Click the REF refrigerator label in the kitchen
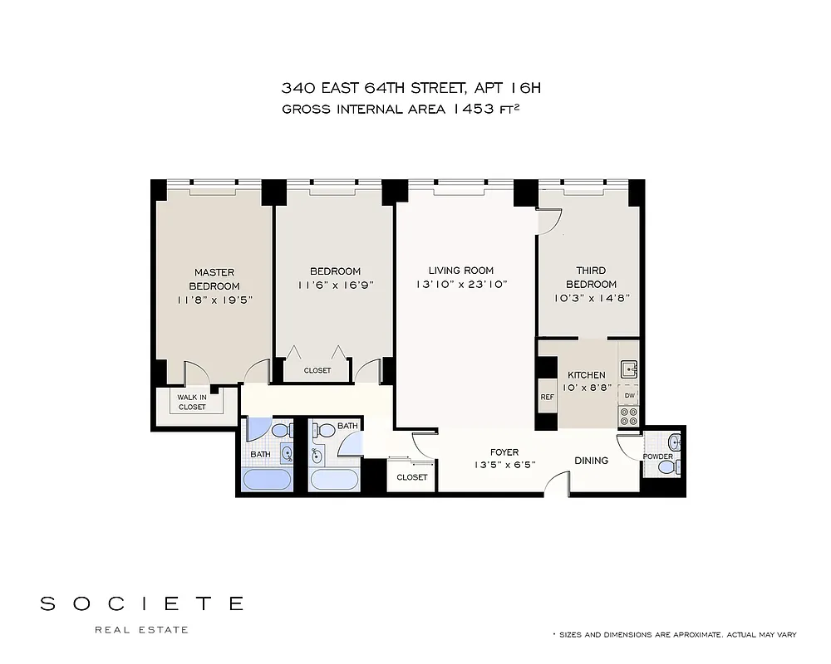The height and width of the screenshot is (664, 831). pos(547,397)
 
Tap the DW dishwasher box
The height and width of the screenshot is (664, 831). pos(629,395)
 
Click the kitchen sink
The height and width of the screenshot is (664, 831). pos(629,368)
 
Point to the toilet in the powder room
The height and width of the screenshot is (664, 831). pos(666,467)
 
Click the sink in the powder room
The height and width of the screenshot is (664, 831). pos(674,442)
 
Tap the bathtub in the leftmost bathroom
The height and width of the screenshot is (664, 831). pos(267,480)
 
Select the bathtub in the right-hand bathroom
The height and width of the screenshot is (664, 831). pos(334,480)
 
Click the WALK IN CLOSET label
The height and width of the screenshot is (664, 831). pos(192,403)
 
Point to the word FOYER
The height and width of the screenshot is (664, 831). pos(504,452)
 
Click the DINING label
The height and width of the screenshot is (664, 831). pos(591,461)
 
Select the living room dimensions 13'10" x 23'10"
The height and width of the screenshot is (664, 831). pos(461,285)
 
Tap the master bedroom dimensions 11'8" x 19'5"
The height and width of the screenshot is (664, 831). pos(214,300)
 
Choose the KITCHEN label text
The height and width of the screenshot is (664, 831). pos(587,375)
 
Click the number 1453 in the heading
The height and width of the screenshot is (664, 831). pos(477,108)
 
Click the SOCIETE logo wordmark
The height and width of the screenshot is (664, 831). pos(142,603)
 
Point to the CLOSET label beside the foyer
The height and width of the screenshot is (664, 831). pos(412,477)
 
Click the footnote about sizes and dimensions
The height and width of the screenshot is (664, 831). pos(675,635)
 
